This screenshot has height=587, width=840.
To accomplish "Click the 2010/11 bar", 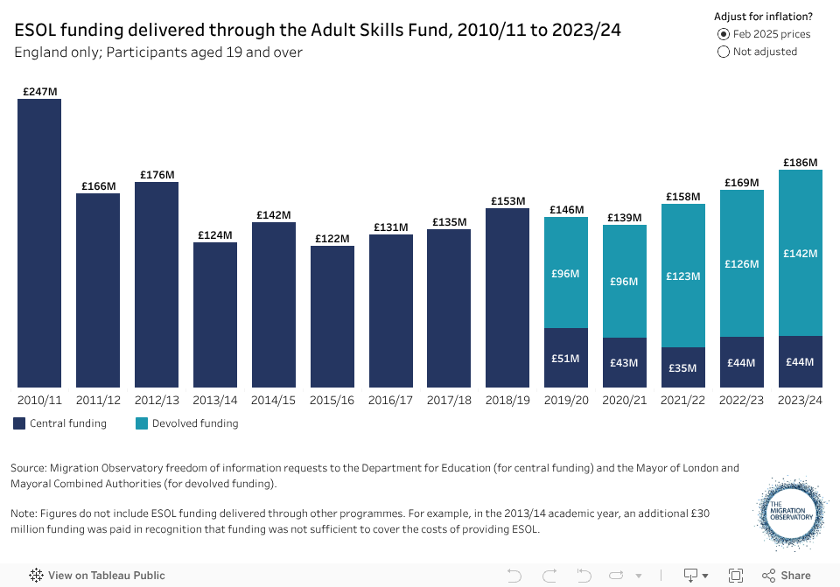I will (39, 243).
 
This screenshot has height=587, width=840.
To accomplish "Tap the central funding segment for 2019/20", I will (566, 358).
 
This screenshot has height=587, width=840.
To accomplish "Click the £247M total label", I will (39, 91).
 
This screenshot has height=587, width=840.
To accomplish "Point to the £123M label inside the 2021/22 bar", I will (683, 276).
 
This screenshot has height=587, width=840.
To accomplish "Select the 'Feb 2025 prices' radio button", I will (724, 34).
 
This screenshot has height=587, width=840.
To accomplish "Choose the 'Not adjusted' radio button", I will (724, 52).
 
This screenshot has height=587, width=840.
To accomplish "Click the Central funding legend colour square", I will (19, 423).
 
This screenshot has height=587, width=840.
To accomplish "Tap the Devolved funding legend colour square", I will (142, 423).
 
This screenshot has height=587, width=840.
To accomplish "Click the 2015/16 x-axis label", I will (332, 400).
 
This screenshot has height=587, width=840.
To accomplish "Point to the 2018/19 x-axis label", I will (507, 400).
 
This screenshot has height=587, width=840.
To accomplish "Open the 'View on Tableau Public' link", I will (97, 576).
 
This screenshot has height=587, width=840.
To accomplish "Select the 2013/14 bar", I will (215, 315).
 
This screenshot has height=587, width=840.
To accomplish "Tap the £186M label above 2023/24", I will (800, 163).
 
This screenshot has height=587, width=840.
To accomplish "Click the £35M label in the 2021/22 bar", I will (683, 368).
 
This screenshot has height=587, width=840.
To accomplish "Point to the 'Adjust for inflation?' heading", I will (763, 17).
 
